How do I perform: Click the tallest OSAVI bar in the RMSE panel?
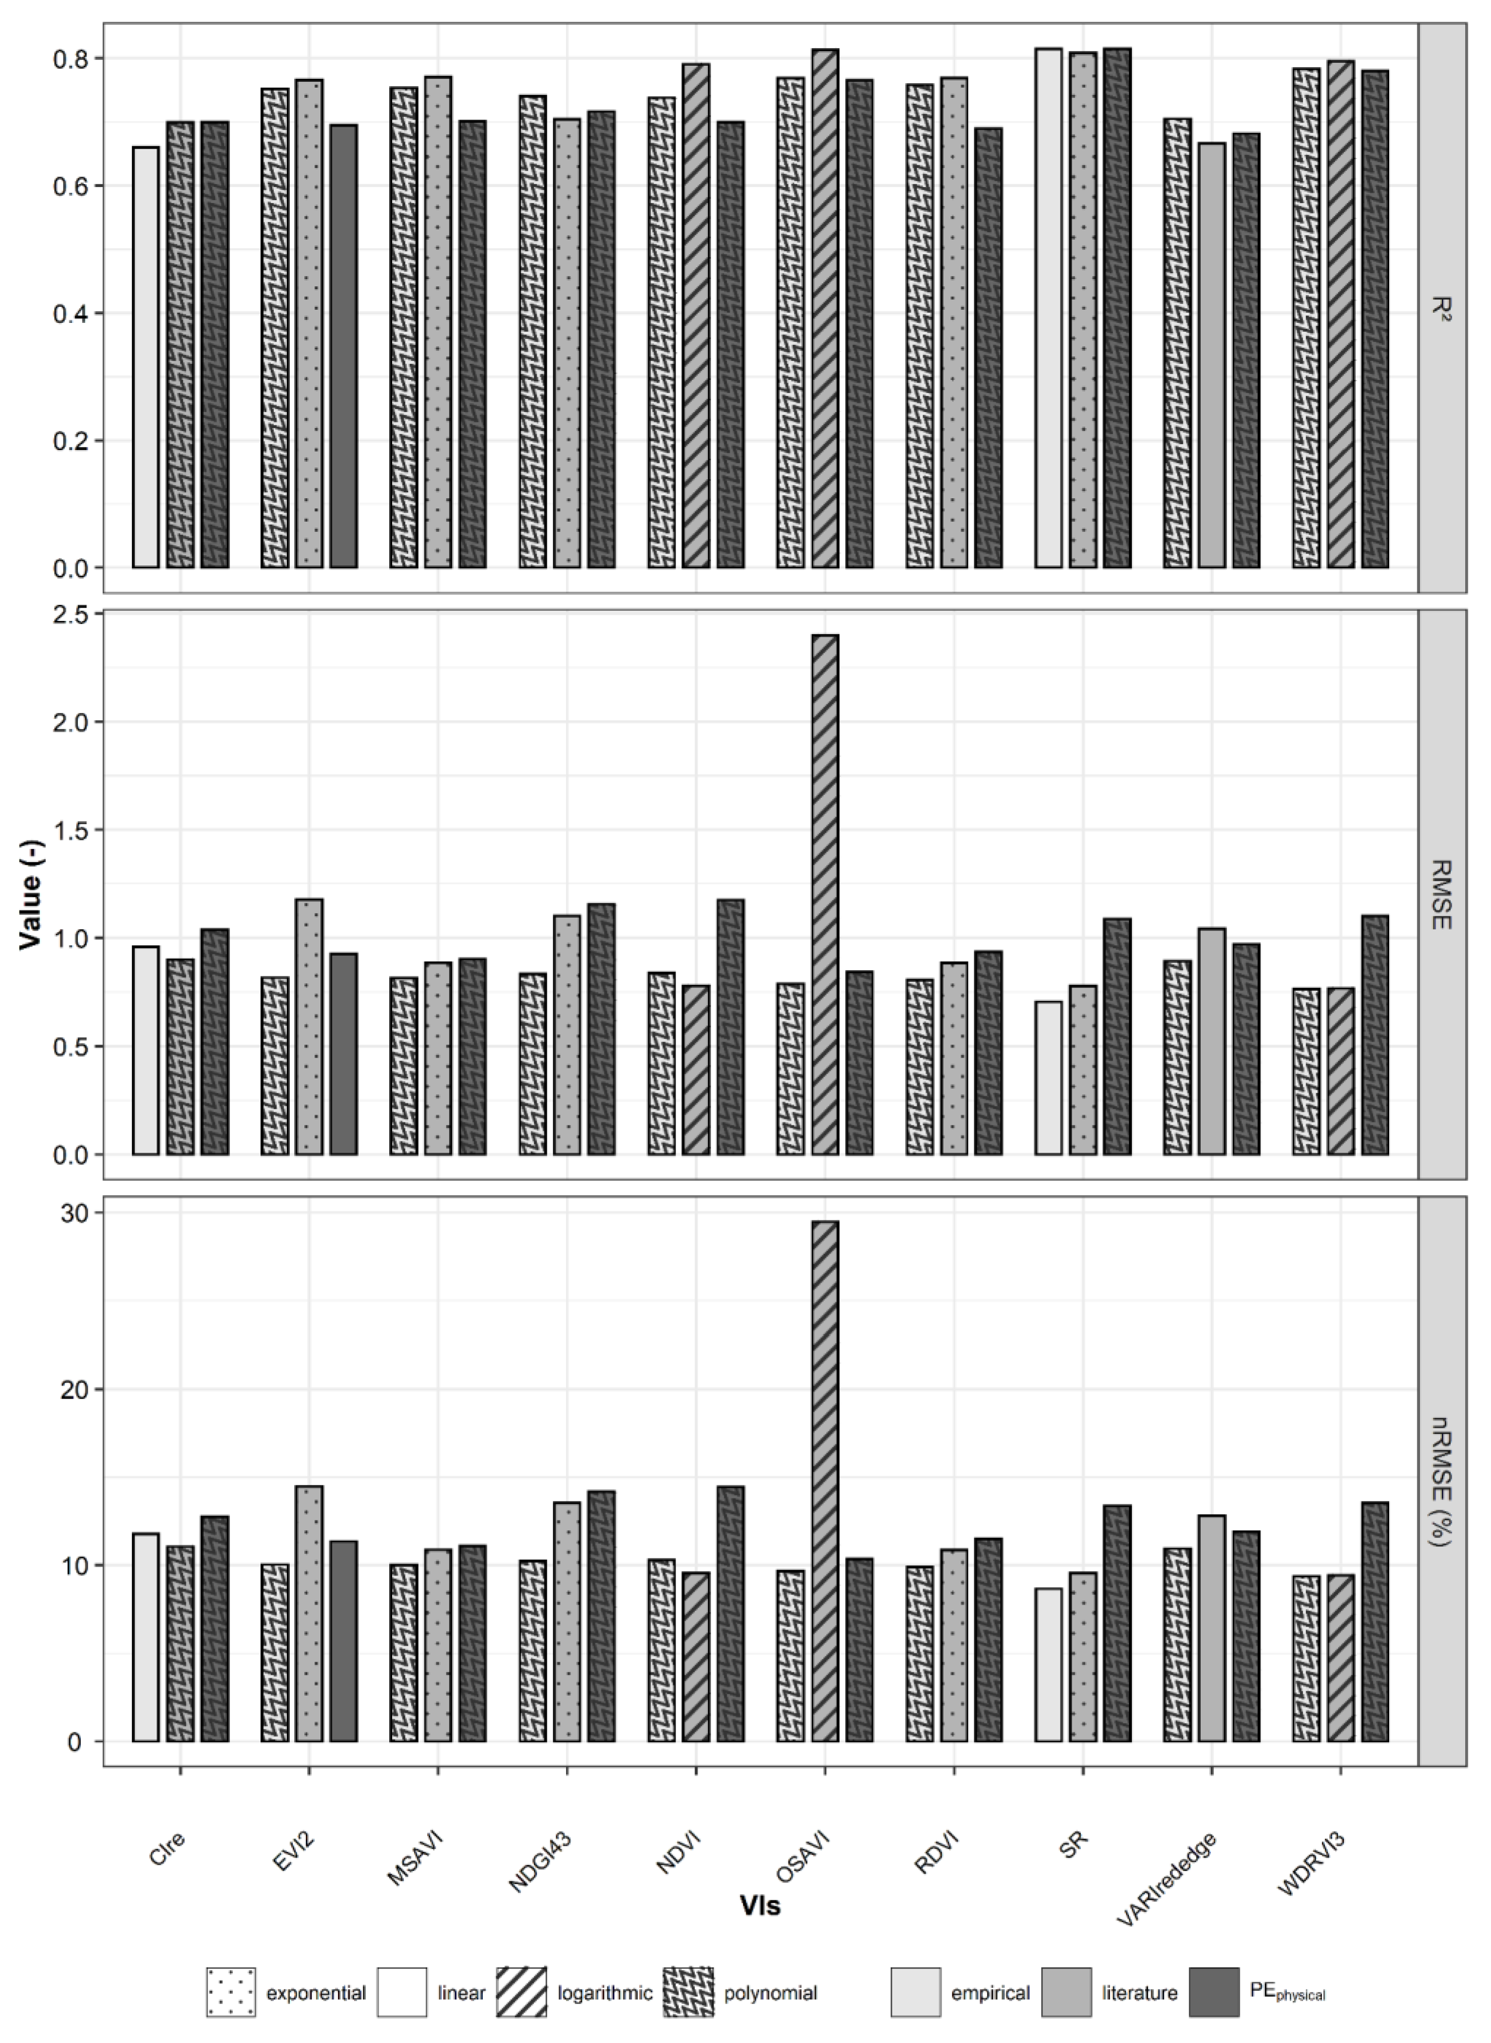(x=824, y=893)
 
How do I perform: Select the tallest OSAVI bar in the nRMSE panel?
(x=824, y=1480)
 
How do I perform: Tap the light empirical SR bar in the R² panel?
(x=1048, y=307)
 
